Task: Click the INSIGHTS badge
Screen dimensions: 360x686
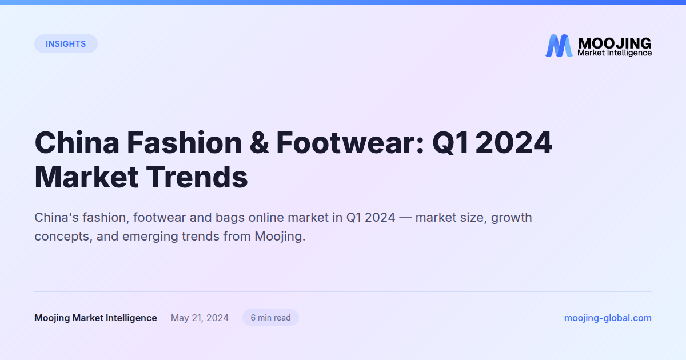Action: tap(66, 44)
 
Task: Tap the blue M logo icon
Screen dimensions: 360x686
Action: tap(559, 46)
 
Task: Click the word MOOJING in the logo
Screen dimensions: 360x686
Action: tap(614, 43)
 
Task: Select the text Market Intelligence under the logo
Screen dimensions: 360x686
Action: tap(614, 53)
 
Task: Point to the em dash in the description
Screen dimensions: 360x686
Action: tap(405, 218)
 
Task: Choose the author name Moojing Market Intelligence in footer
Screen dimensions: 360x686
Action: tap(95, 318)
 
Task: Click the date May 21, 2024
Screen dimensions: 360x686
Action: tap(200, 318)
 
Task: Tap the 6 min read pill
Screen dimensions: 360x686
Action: tap(270, 318)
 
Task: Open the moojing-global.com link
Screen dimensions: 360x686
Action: tap(608, 318)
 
